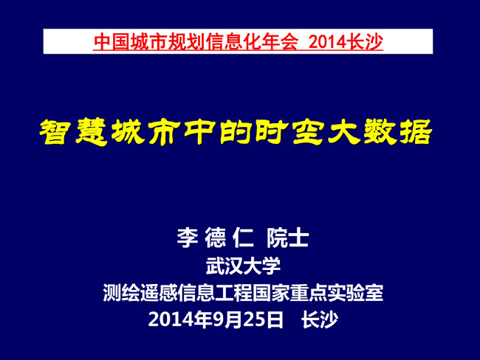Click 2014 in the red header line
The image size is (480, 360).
click(x=329, y=41)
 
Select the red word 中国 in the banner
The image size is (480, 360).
click(x=112, y=41)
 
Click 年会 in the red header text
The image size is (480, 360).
click(x=279, y=41)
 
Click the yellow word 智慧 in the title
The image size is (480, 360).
click(x=73, y=132)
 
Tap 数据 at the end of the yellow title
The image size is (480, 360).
click(x=398, y=132)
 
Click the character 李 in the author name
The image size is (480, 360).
click(x=188, y=238)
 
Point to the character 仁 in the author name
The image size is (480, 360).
click(x=243, y=238)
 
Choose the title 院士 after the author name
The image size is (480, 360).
click(x=288, y=238)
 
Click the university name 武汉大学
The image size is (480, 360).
click(x=243, y=266)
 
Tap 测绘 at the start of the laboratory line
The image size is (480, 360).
click(x=121, y=293)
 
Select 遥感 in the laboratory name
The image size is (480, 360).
click(x=159, y=293)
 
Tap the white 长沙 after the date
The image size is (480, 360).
click(x=320, y=320)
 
